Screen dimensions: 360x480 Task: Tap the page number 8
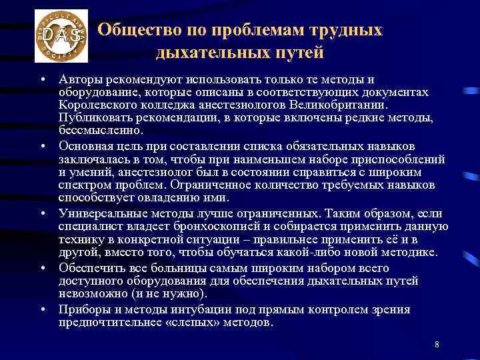436,344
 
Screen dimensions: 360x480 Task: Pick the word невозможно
90,293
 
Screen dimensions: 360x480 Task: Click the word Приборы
82,309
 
